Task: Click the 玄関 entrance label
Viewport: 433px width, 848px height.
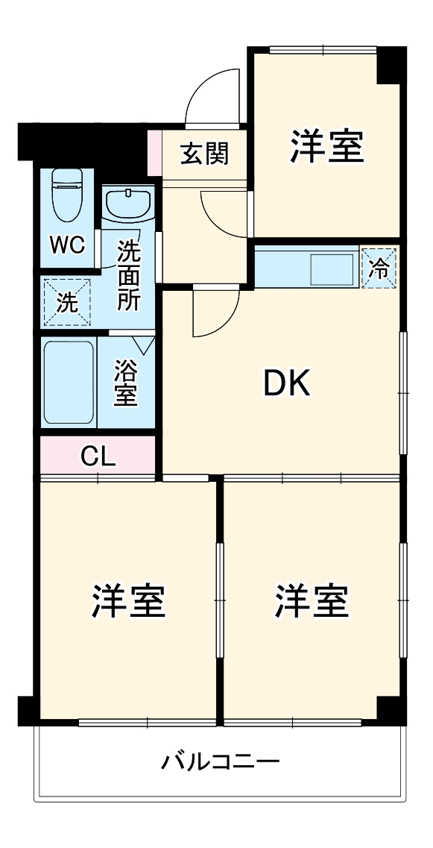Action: tap(204, 154)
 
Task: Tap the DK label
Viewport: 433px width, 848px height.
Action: tap(287, 383)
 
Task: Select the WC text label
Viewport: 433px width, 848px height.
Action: tap(67, 245)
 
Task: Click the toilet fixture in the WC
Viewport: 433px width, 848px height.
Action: tap(67, 195)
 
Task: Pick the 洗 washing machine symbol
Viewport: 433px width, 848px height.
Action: tap(66, 302)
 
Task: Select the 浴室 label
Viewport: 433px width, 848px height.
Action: tap(125, 383)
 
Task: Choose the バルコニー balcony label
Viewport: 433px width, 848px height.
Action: tap(221, 761)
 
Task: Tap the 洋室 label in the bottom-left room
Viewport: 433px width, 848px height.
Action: tap(128, 601)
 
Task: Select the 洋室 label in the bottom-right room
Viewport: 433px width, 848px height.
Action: tap(312, 601)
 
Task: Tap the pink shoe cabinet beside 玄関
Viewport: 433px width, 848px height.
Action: tap(154, 154)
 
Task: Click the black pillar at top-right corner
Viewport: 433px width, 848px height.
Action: tap(391, 65)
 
